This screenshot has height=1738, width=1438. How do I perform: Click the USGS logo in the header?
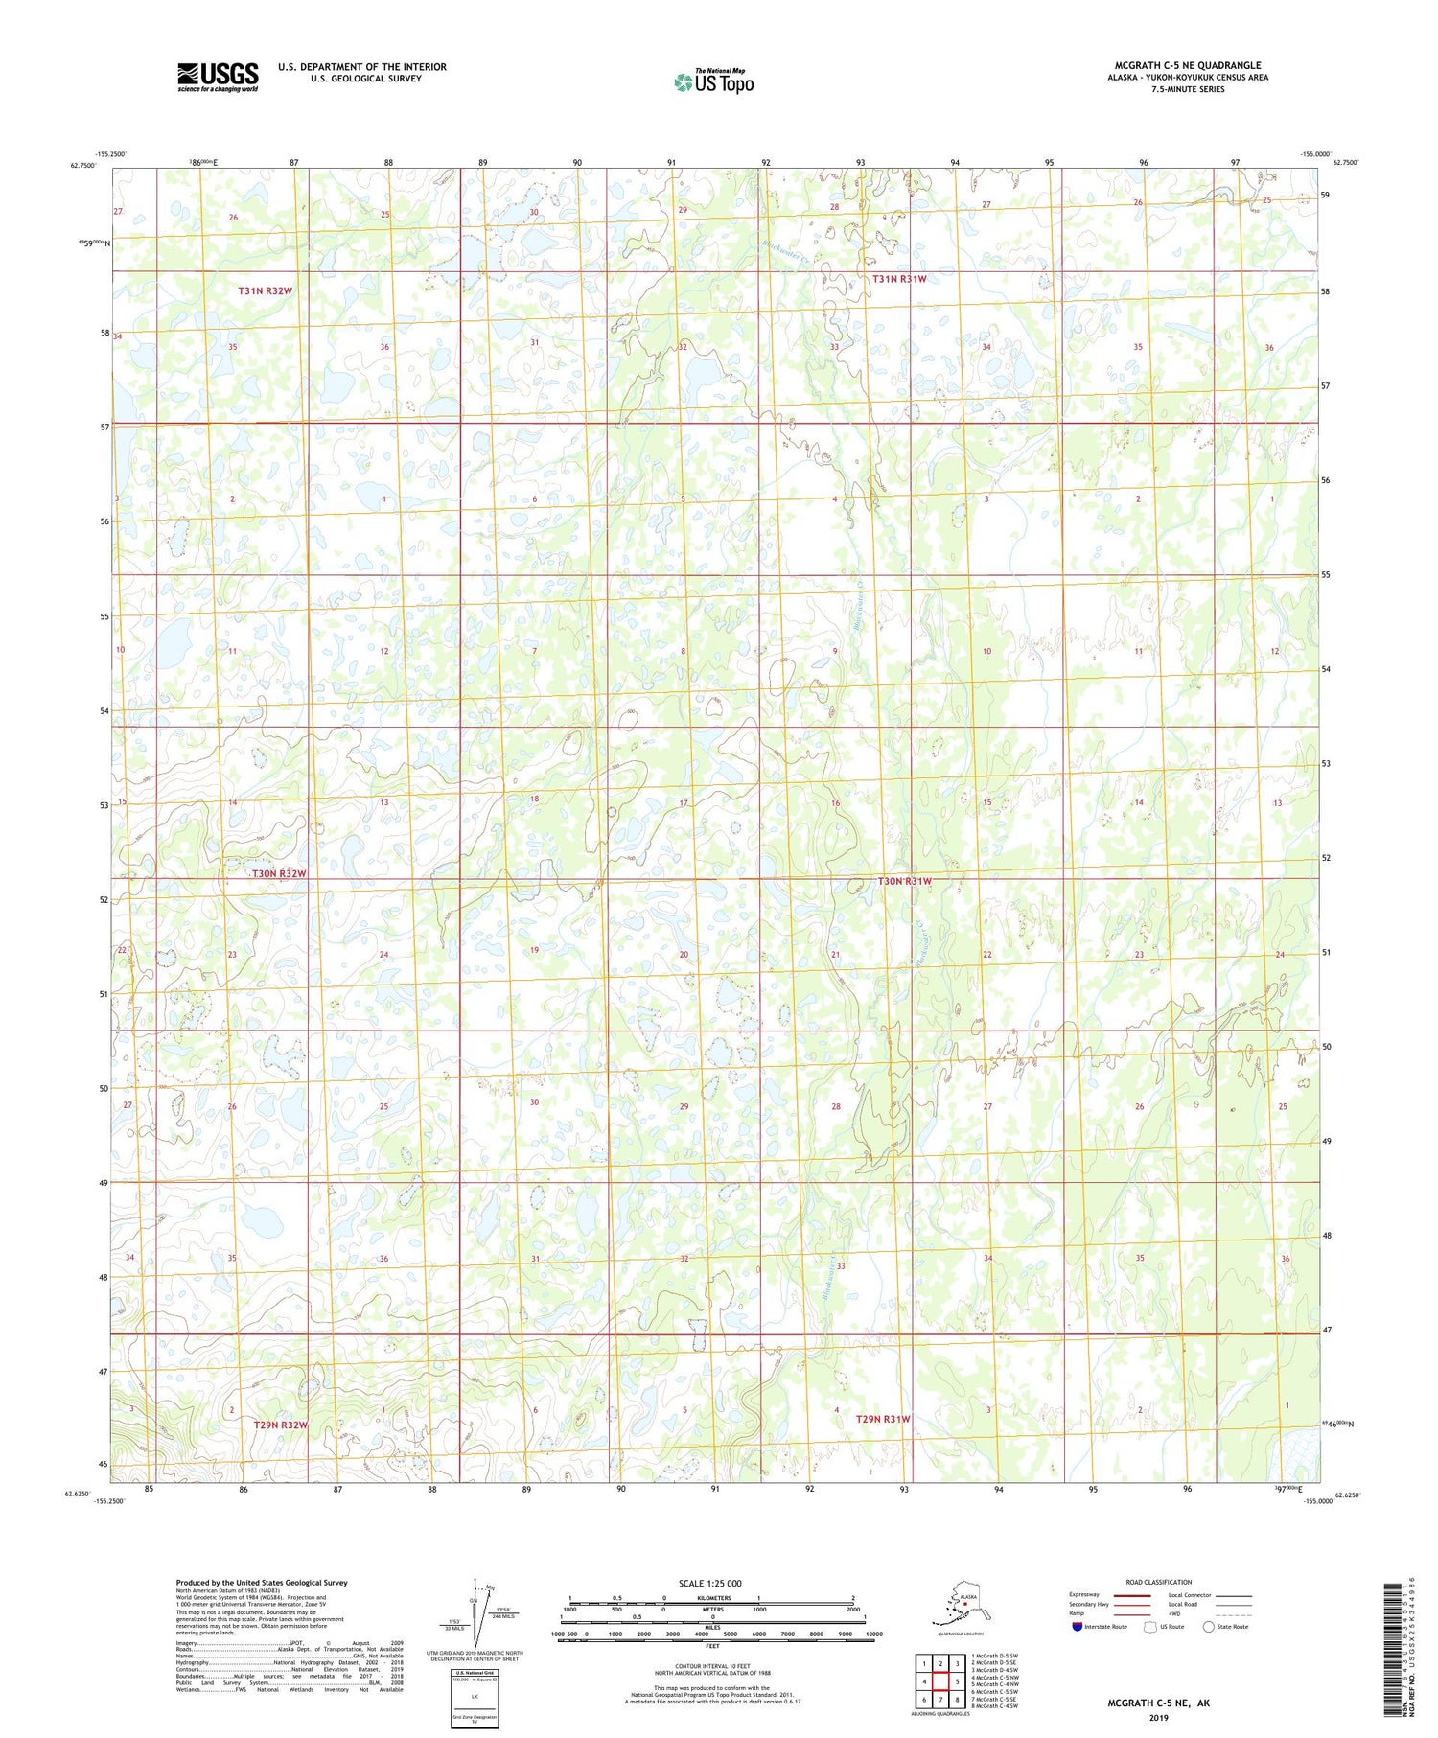(218, 77)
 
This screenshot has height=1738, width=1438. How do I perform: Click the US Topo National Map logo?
(713, 81)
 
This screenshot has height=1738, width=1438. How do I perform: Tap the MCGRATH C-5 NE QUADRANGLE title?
(1187, 65)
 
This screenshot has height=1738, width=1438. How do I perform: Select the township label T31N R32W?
(265, 290)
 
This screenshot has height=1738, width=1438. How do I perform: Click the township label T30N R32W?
(279, 874)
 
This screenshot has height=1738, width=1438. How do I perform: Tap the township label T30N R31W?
(904, 881)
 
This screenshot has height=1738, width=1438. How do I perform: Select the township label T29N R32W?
(280, 1425)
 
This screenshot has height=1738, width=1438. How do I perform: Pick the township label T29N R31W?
(882, 1419)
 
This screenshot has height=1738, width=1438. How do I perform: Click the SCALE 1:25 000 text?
(709, 1583)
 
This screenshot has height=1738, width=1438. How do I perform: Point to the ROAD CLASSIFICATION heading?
(1159, 1582)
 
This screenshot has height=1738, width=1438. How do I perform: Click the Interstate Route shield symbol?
(1077, 1627)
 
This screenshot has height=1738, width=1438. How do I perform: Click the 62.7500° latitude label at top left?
(82, 165)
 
